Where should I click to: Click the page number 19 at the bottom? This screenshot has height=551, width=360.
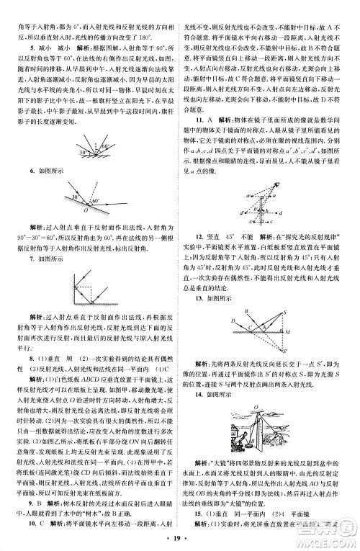click(180, 540)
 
